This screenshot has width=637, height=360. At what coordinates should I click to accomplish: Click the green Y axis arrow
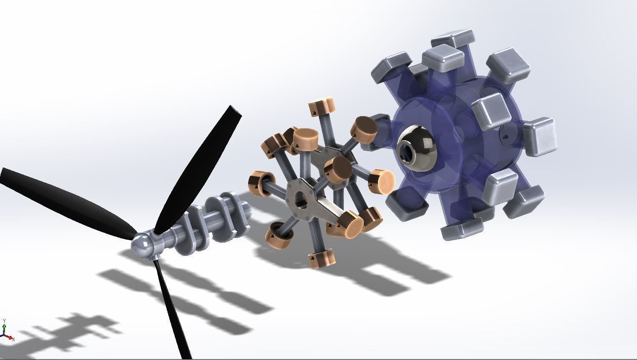4,322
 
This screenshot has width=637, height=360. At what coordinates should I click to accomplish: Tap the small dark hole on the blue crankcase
506,137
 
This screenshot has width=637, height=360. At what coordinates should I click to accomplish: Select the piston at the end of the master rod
350,221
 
